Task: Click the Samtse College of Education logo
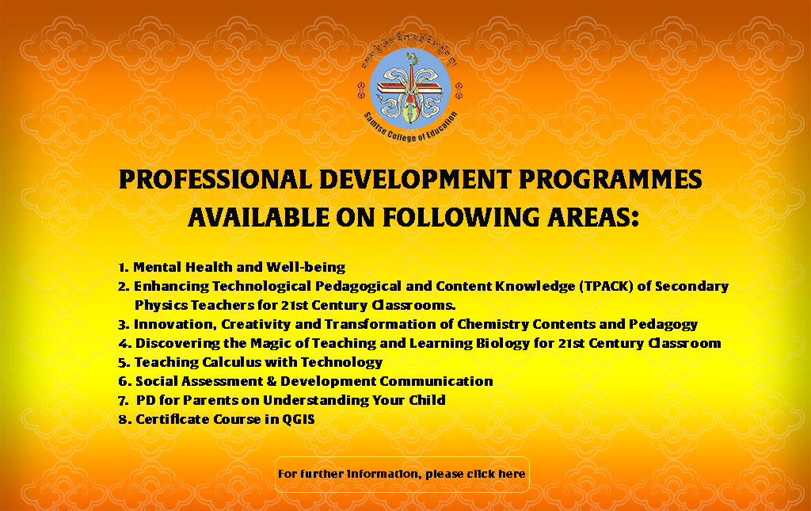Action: click(409, 87)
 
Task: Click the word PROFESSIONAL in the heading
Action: click(215, 180)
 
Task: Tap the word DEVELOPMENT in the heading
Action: click(415, 180)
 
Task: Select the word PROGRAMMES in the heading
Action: click(611, 180)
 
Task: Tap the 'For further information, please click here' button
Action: click(402, 475)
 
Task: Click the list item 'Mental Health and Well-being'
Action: click(239, 268)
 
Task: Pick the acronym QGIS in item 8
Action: click(298, 419)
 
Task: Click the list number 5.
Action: click(123, 363)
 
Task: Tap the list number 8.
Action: click(124, 419)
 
